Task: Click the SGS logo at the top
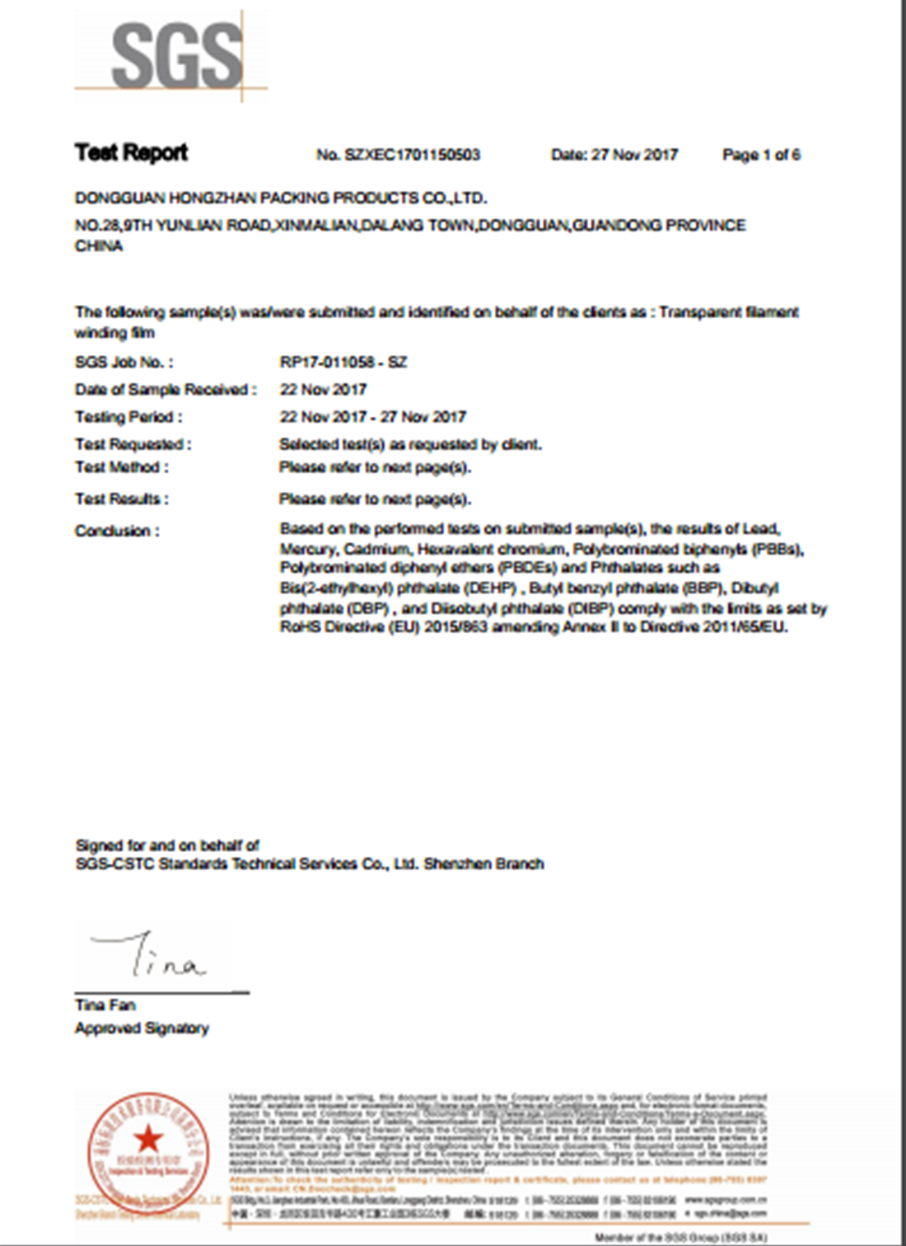(x=176, y=55)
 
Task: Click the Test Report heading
(x=131, y=152)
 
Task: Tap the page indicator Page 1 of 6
(x=761, y=155)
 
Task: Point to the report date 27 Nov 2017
(x=634, y=155)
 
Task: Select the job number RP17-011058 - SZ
(x=343, y=363)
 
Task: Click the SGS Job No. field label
(x=124, y=363)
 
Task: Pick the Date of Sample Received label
(x=166, y=390)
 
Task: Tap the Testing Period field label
(x=128, y=417)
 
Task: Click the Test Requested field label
(x=133, y=444)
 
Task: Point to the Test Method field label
(x=122, y=467)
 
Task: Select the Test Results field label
(x=122, y=499)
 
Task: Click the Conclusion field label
(x=117, y=532)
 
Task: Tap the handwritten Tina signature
(x=152, y=956)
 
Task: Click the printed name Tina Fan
(x=105, y=1005)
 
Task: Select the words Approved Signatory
(x=142, y=1028)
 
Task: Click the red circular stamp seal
(x=148, y=1152)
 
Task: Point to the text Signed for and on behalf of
(x=167, y=845)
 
